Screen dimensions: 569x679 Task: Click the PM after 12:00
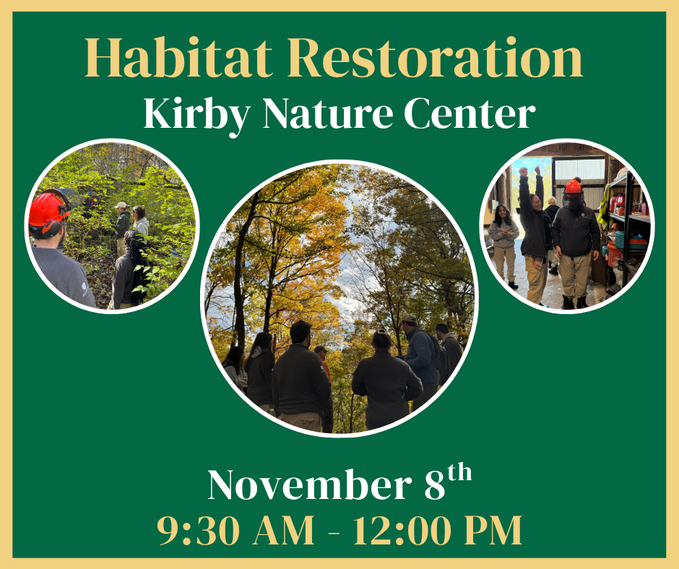point(493,531)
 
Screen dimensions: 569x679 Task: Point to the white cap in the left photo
point(121,205)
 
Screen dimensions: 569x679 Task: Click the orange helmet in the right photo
point(573,186)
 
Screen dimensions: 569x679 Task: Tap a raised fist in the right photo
point(523,173)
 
